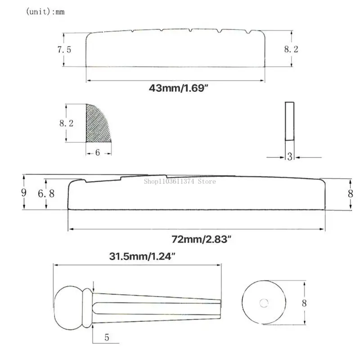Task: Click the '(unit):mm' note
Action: click(x=45, y=12)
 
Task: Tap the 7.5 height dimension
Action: click(x=64, y=49)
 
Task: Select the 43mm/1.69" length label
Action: click(x=178, y=88)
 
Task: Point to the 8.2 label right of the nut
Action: click(x=291, y=49)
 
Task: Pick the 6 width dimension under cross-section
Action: click(x=98, y=153)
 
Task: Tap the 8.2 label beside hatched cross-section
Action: click(x=66, y=123)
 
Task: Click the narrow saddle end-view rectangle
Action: click(x=289, y=121)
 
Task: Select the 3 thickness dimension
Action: click(x=290, y=157)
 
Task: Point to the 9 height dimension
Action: click(x=24, y=192)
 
